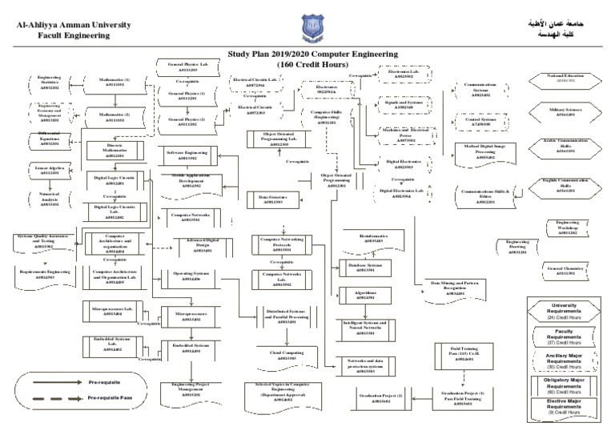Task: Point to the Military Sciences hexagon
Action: click(566, 112)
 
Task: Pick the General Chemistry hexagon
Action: click(566, 271)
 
